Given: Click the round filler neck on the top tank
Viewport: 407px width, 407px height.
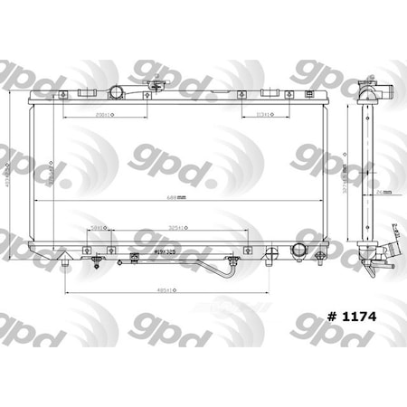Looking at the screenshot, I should (x=118, y=93).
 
